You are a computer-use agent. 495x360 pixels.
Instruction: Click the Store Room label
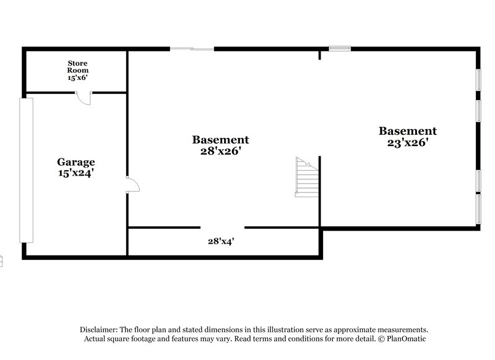coord(77,67)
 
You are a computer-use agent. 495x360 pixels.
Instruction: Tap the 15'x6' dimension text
coord(77,79)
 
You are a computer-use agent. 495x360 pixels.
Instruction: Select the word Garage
coord(76,162)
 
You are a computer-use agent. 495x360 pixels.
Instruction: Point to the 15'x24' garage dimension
coord(76,173)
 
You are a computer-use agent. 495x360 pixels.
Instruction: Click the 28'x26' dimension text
coord(220,151)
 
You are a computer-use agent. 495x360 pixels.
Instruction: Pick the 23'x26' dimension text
coord(408,142)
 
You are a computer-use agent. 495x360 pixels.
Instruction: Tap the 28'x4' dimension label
coord(220,241)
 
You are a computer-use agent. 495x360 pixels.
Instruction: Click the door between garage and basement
coord(132,184)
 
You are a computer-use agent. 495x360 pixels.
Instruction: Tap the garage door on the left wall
coord(26,169)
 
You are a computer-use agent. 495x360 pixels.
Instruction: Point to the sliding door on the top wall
coord(192,48)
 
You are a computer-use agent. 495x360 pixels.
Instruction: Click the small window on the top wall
coord(340,48)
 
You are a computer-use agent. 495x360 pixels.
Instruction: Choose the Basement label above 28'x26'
coord(220,140)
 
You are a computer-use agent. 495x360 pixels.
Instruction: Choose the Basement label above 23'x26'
coord(408,131)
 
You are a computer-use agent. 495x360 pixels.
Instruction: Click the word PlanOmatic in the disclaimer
coord(406,339)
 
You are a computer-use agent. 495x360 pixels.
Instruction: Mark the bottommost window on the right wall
coord(478,209)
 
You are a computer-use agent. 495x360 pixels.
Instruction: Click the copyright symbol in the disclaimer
coord(381,339)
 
